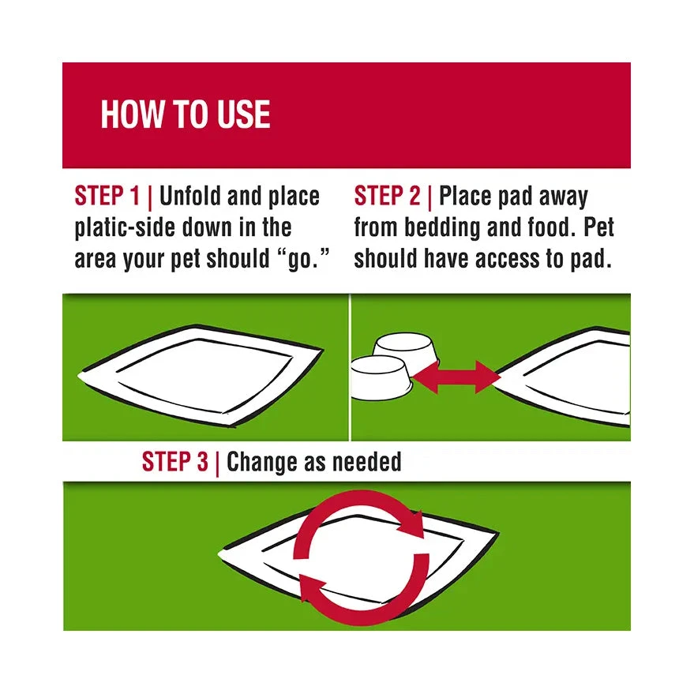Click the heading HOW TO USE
(186, 114)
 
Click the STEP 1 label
(107, 196)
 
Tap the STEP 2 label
(387, 196)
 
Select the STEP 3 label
(174, 462)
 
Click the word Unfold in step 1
(189, 196)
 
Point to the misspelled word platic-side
(126, 227)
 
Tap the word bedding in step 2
(442, 227)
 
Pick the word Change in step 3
(261, 463)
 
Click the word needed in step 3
(367, 462)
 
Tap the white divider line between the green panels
(350, 367)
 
